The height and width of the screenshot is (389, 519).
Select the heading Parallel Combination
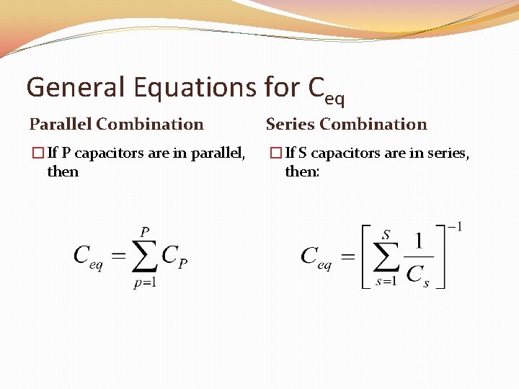(116, 124)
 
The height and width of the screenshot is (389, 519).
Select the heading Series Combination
(346, 124)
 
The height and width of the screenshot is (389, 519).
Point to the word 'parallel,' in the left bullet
(218, 153)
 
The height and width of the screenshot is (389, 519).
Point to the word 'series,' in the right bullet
(446, 153)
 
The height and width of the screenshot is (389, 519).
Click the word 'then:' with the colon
(302, 171)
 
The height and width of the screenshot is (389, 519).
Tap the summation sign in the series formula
(386, 257)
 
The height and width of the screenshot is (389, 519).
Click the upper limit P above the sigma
(145, 232)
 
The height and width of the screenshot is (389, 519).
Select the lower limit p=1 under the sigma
(146, 282)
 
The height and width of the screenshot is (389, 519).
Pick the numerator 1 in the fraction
(418, 241)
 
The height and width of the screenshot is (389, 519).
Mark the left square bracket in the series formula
(365, 256)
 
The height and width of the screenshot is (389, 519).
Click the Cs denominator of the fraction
(418, 274)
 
